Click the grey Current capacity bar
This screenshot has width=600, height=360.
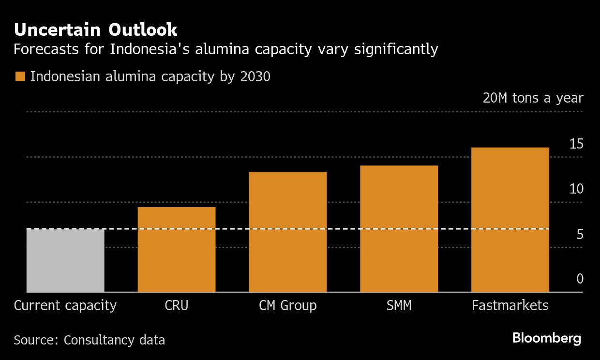(x=65, y=260)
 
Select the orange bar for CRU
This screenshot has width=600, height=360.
(x=177, y=250)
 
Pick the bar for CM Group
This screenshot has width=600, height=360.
(x=288, y=232)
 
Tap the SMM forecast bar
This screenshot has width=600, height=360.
(x=399, y=229)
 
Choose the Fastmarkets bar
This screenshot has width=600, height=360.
(x=510, y=220)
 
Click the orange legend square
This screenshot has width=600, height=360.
(x=20, y=77)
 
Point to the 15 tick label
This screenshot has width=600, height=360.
(x=576, y=144)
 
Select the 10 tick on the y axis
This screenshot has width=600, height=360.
(x=576, y=189)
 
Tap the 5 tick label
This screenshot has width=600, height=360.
(x=579, y=235)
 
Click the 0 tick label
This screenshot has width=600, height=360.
(x=579, y=279)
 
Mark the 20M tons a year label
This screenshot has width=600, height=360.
(x=533, y=98)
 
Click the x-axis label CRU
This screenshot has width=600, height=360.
(x=177, y=306)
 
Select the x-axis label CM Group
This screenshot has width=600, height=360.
(x=288, y=306)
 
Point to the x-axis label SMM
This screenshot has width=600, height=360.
(x=399, y=306)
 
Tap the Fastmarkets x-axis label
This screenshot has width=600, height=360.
(x=510, y=306)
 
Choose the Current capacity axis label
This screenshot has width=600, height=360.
(x=65, y=306)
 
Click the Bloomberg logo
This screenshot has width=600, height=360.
(x=547, y=338)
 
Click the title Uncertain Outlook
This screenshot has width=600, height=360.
(x=96, y=30)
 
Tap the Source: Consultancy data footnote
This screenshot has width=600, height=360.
(x=90, y=340)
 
